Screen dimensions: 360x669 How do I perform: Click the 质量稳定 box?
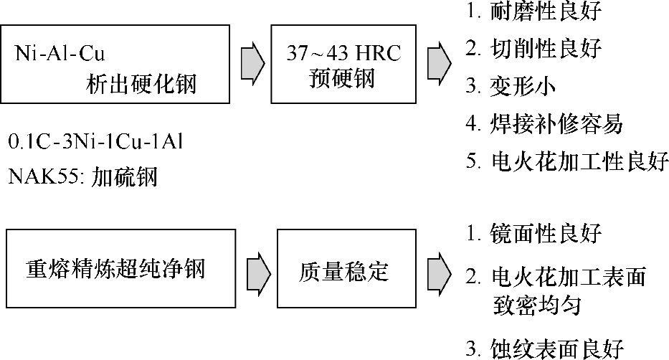coord(343,271)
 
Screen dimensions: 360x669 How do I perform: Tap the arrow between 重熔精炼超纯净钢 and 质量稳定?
coord(257,271)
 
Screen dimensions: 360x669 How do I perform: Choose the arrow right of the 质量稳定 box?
coord(439,271)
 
